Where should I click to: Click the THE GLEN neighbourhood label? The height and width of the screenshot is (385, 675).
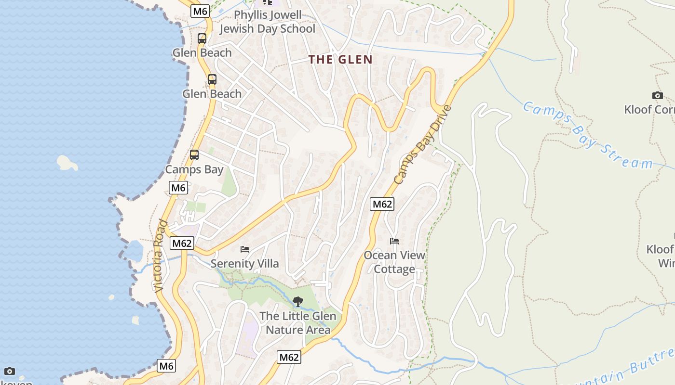point(340,60)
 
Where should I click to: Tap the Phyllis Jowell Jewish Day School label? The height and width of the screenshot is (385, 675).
point(268,22)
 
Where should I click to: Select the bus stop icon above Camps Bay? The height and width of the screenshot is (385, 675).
point(194,155)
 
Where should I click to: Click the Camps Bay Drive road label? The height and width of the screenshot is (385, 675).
point(423,144)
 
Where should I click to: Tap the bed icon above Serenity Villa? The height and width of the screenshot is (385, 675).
point(245,249)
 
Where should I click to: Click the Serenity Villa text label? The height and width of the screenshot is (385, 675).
point(244,264)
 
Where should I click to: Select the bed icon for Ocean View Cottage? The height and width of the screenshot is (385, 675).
point(394,241)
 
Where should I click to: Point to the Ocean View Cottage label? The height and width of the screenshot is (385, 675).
point(394,262)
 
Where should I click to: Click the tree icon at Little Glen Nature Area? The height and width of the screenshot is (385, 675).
point(298,302)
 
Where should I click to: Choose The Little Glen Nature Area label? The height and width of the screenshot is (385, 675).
point(298,323)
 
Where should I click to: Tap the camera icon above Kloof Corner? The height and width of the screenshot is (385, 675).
point(657,95)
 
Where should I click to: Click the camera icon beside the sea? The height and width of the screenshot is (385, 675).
point(9,371)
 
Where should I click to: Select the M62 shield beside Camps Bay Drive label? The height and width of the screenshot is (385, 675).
point(382,204)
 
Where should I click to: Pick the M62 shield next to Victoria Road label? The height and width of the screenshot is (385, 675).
point(182,243)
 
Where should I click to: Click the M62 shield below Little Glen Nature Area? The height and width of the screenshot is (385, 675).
point(289,357)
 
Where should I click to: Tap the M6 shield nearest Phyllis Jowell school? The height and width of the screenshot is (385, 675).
point(200,11)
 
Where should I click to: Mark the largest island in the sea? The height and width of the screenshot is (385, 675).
point(67,163)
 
